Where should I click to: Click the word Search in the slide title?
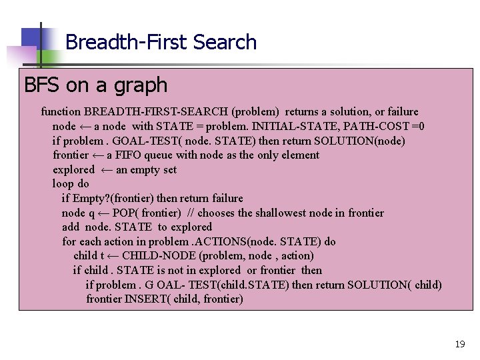(x=225, y=42)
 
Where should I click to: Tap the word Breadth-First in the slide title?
(x=127, y=42)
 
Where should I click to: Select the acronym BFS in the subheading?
(x=43, y=85)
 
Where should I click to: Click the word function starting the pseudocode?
(x=61, y=111)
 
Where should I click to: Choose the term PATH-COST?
(x=387, y=126)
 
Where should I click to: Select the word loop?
(x=63, y=184)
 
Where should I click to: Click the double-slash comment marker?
(x=189, y=213)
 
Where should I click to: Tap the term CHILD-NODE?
(x=159, y=255)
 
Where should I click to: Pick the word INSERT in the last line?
(x=147, y=299)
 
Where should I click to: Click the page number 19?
(x=459, y=344)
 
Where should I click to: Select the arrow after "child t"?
(x=112, y=255)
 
